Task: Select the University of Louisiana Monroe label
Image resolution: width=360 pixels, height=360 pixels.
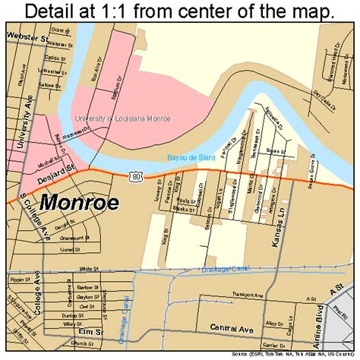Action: [x=122, y=118]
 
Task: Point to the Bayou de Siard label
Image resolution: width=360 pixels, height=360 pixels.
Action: [x=191, y=157]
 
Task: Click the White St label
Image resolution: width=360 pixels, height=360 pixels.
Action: [x=90, y=268]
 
